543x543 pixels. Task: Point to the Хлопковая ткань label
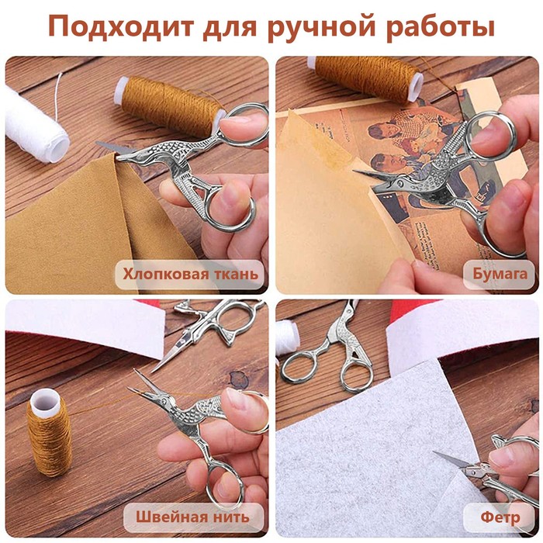(x=190, y=275)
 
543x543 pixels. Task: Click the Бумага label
(x=500, y=275)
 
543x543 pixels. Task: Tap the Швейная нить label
(x=192, y=517)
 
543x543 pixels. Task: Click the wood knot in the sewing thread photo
(x=239, y=379)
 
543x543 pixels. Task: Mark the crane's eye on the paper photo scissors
(x=401, y=182)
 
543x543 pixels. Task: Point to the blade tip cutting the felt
(x=434, y=452)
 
